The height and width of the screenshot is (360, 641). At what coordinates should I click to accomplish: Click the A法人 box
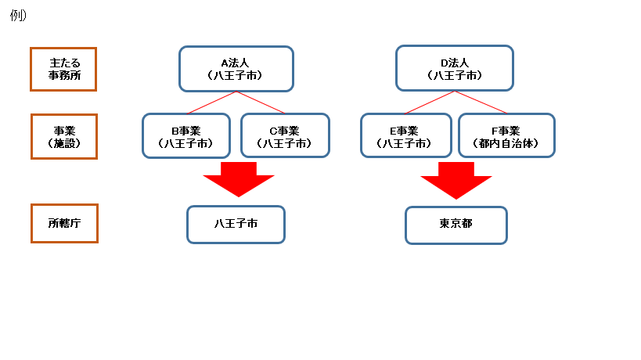coord(236,69)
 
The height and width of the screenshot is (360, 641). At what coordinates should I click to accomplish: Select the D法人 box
coord(454,68)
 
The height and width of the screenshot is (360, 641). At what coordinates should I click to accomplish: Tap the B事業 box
coord(185,136)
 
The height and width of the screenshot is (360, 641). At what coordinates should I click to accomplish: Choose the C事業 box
coord(284,136)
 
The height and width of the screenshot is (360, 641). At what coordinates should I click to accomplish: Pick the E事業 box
coord(405,136)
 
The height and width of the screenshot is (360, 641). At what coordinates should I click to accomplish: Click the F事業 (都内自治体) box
coord(506,136)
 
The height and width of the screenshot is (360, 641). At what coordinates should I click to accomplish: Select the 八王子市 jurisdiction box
coord(236,225)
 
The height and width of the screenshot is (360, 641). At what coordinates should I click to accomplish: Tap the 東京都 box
coord(456,225)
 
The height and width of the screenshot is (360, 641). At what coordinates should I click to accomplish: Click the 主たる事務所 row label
coord(63,69)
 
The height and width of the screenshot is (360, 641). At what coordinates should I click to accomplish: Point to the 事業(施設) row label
coord(63,136)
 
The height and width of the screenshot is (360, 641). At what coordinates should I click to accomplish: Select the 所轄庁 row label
coord(63,224)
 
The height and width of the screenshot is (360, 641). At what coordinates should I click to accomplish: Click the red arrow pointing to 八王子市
coord(238,179)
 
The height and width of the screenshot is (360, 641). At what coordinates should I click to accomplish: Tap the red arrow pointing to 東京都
coord(456,179)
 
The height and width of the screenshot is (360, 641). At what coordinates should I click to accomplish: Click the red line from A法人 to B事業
coord(211,103)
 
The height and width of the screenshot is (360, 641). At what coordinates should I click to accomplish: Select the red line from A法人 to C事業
coord(261,103)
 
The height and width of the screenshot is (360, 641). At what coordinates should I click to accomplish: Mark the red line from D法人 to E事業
coord(430,103)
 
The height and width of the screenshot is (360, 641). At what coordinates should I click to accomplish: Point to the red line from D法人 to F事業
coord(481,103)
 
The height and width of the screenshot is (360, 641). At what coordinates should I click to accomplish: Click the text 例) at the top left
coord(18,16)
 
